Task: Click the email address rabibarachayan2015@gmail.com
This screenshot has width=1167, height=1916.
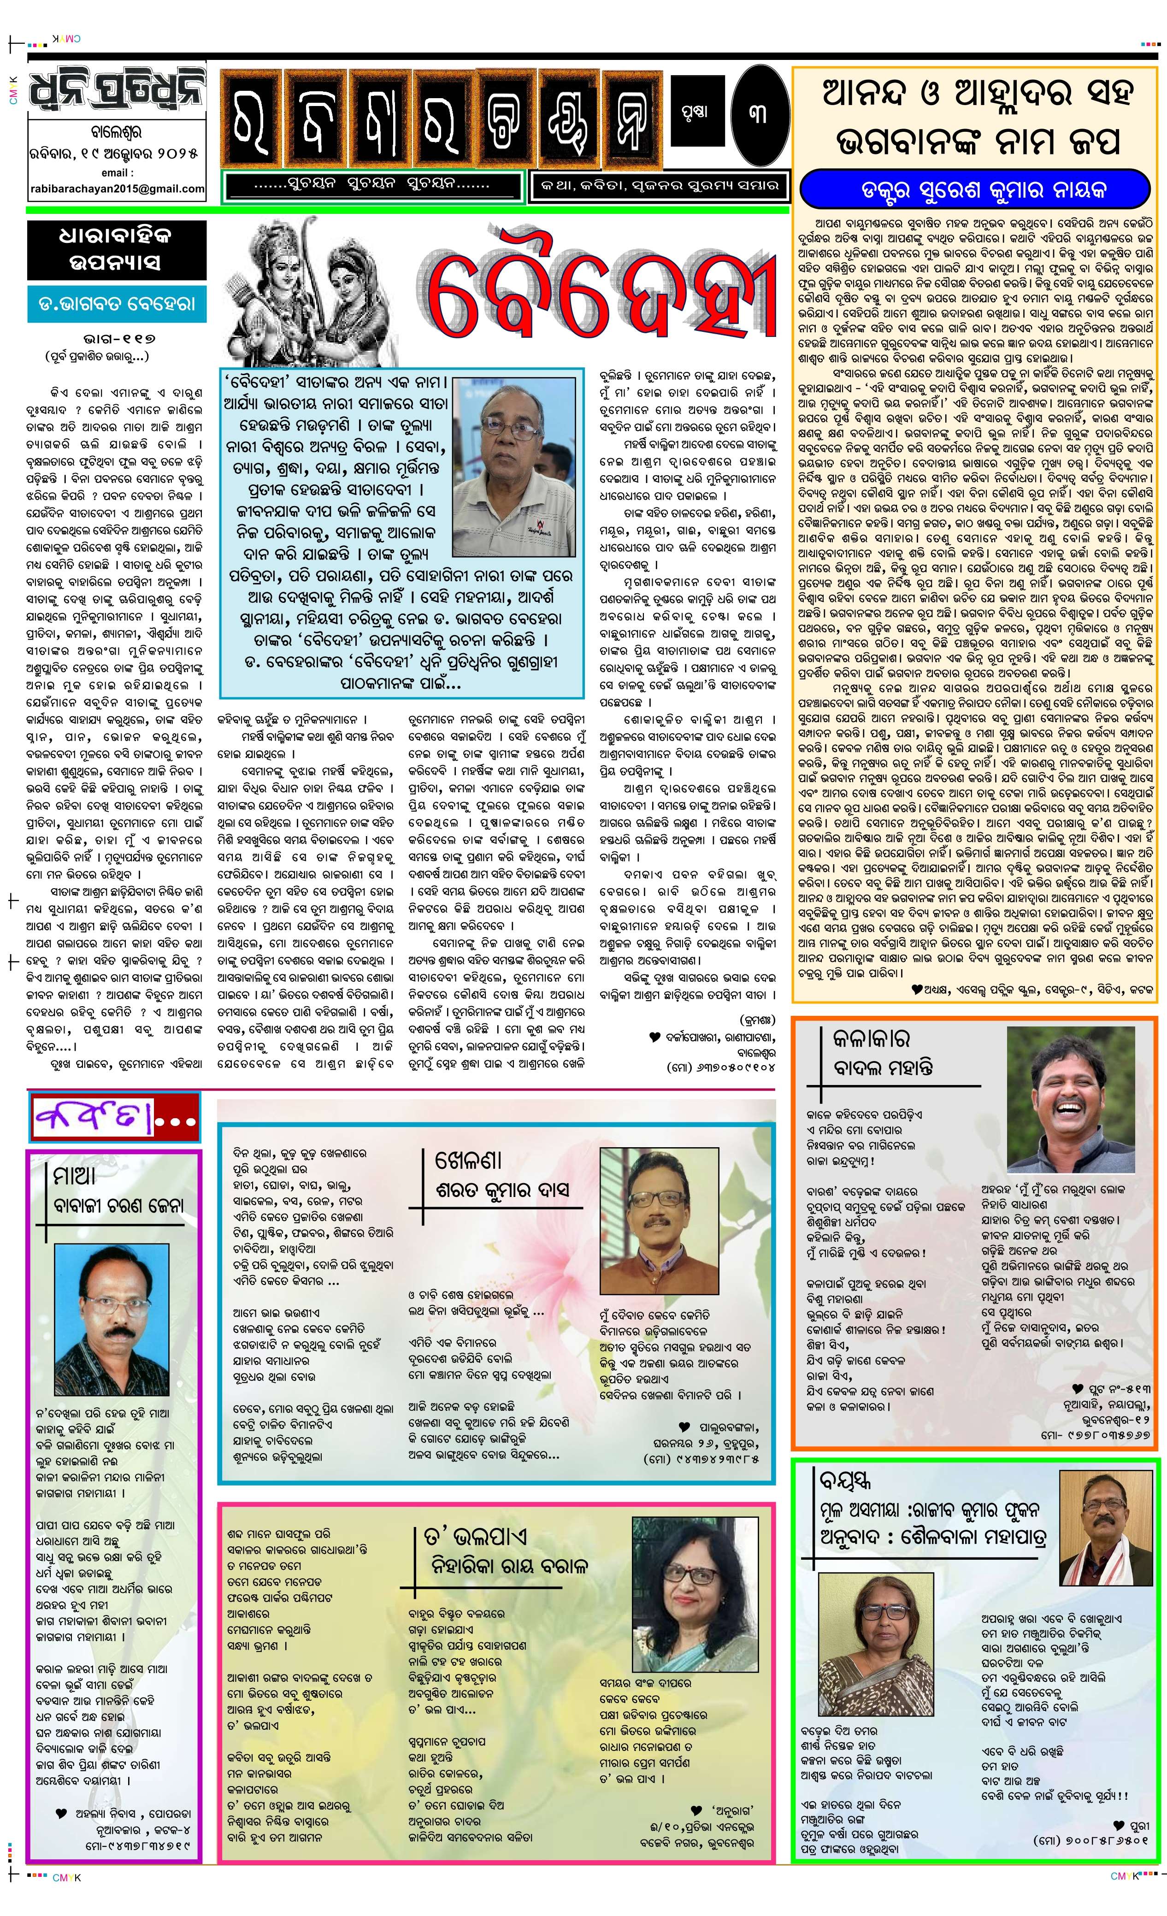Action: (x=118, y=188)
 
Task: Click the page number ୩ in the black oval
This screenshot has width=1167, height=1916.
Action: (x=758, y=113)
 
